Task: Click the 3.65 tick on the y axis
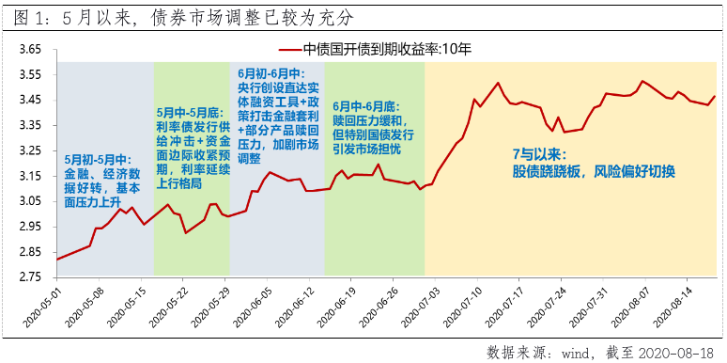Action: [31, 49]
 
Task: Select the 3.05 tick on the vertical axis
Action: [31, 200]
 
